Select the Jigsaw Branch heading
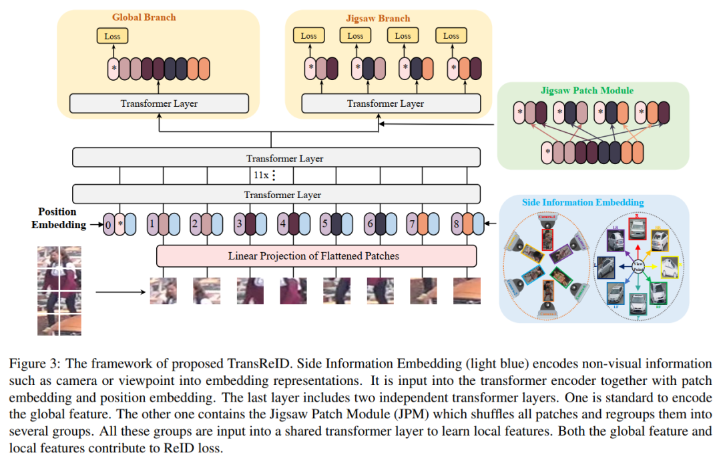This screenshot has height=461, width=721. (x=378, y=18)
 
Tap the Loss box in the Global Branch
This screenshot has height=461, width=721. (x=112, y=36)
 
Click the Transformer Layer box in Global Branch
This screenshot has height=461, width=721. (x=159, y=103)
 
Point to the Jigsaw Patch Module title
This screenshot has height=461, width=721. (x=577, y=91)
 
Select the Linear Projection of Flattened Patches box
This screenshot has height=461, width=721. (x=316, y=256)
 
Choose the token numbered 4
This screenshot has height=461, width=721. (x=282, y=224)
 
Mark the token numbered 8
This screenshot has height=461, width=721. (x=457, y=224)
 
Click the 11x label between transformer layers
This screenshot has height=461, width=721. (x=262, y=176)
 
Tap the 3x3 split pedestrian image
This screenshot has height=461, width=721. (x=59, y=290)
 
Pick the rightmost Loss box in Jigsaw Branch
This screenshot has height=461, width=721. (x=451, y=35)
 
